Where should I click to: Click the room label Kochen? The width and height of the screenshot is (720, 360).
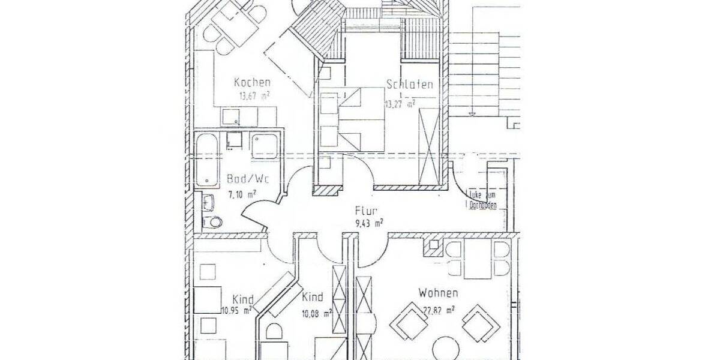click(x=252, y=83)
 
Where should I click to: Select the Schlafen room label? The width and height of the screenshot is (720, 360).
click(x=410, y=85)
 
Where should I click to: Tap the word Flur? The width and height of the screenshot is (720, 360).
click(x=365, y=211)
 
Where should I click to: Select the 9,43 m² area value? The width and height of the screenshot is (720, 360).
click(x=369, y=223)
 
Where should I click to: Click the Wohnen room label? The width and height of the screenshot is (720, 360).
click(x=439, y=293)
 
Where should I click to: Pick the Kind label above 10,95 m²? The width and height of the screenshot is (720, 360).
click(x=242, y=299)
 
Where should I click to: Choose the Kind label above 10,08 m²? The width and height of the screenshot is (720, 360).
click(x=313, y=297)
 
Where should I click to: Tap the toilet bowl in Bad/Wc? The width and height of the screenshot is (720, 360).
click(x=212, y=223)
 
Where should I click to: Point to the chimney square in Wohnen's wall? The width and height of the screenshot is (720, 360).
click(x=433, y=245)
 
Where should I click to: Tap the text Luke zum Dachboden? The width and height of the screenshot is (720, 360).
click(x=484, y=200)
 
